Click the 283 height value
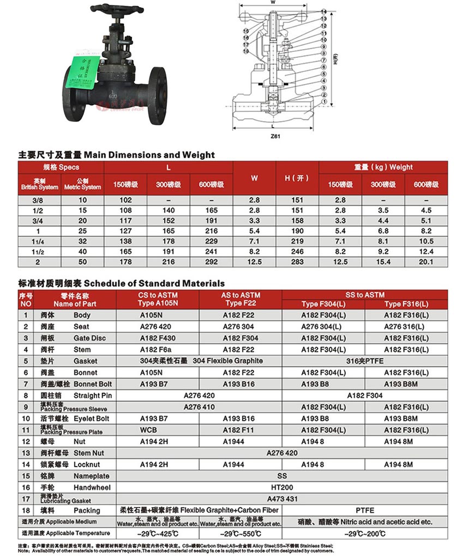pos(297,262)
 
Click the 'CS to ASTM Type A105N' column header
pos(158,299)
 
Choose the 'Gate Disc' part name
pos(89,338)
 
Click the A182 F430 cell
pos(158,338)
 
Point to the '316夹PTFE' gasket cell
pos(365,361)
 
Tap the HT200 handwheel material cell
pos(282,487)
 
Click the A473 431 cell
pos(282,499)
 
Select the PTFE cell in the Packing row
pos(365,510)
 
